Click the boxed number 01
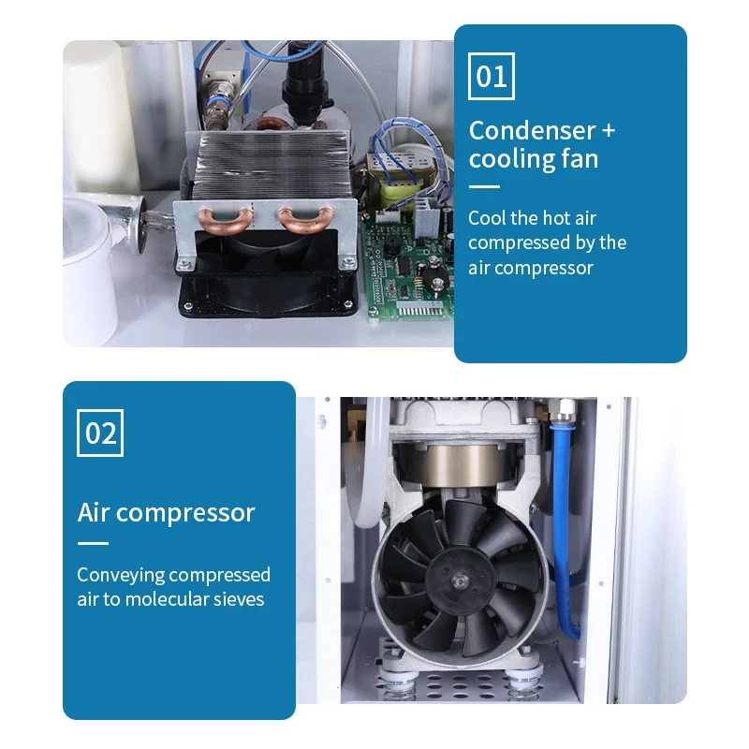click(491, 76)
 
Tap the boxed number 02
click(100, 433)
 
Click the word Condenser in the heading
click(532, 130)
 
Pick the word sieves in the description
click(242, 599)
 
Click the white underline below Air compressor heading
click(93, 543)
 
